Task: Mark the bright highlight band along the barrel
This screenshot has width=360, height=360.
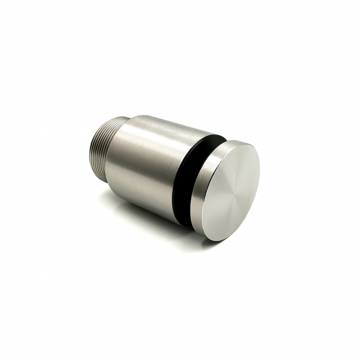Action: (153, 135)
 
